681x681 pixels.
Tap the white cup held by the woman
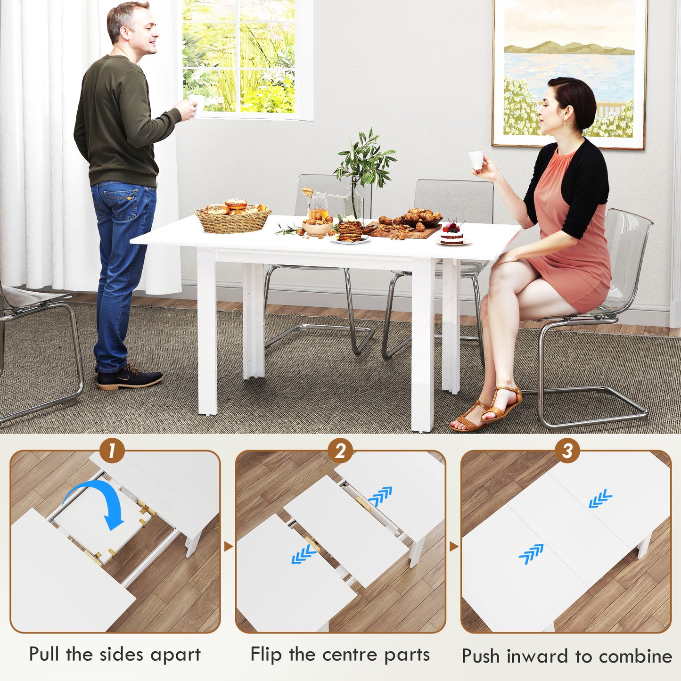(476, 160)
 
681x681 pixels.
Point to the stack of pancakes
(350, 230)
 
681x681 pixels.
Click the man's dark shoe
(130, 378)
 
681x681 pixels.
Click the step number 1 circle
(111, 451)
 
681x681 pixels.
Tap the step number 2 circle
(340, 451)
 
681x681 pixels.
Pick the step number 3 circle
(566, 451)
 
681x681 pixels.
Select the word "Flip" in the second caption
(266, 655)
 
